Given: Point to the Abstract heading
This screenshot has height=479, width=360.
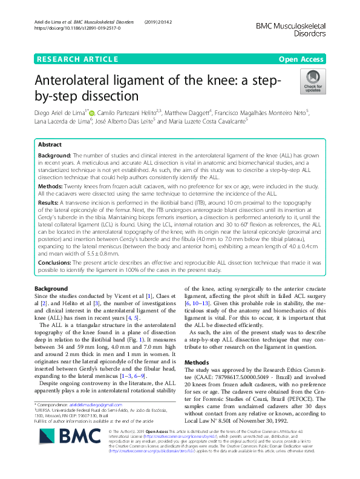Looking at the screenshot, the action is pos(50,145).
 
